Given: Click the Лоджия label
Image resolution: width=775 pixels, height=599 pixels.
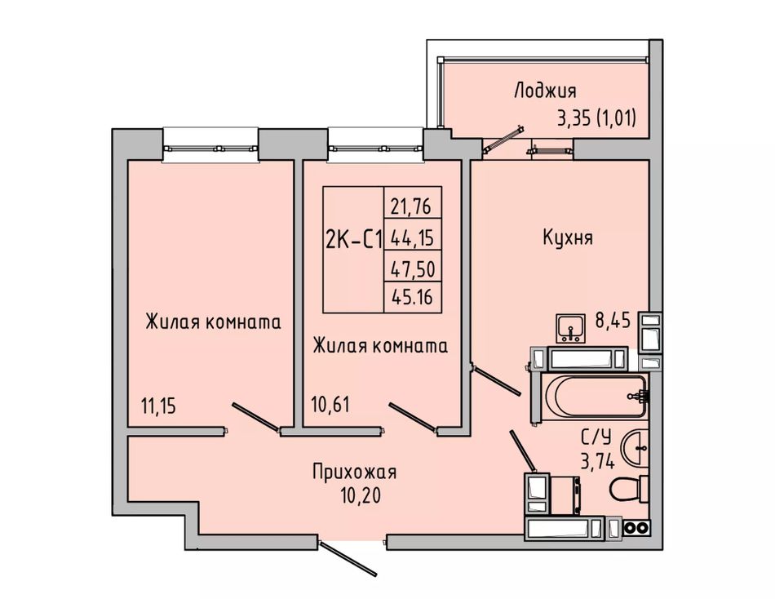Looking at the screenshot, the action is click(x=545, y=91).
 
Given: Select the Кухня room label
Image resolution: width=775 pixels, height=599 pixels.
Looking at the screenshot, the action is click(x=568, y=237).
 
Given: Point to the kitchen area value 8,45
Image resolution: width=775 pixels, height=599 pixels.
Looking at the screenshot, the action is click(x=613, y=321).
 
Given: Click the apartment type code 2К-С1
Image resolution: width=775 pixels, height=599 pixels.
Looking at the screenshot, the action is click(x=354, y=241).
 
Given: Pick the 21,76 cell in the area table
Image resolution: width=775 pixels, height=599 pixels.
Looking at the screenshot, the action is click(x=410, y=206).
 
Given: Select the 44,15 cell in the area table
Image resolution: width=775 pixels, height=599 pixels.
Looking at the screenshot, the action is click(x=412, y=238).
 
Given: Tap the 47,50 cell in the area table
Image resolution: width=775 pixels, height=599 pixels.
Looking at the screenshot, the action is click(x=413, y=269).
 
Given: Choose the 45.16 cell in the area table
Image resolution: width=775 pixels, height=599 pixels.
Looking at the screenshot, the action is click(x=412, y=297).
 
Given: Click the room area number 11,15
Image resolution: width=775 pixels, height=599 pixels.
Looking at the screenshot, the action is click(x=158, y=406).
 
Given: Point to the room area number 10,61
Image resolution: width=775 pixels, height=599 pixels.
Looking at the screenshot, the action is click(x=330, y=404).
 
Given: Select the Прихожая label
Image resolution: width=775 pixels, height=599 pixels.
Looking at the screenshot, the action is click(x=354, y=473).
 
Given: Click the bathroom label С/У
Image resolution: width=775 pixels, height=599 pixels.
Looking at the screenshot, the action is click(x=596, y=437).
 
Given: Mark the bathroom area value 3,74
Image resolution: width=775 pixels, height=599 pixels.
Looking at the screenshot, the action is click(x=597, y=462).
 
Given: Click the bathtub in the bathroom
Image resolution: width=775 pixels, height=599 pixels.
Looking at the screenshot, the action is click(x=594, y=396).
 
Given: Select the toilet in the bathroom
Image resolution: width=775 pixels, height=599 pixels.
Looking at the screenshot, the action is click(x=629, y=489).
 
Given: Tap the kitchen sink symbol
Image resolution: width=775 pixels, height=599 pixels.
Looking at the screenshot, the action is click(x=571, y=327).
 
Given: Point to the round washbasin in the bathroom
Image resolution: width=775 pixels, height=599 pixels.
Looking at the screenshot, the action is click(x=635, y=448).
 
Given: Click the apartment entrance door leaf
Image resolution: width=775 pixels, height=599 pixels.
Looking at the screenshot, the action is click(x=349, y=560).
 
